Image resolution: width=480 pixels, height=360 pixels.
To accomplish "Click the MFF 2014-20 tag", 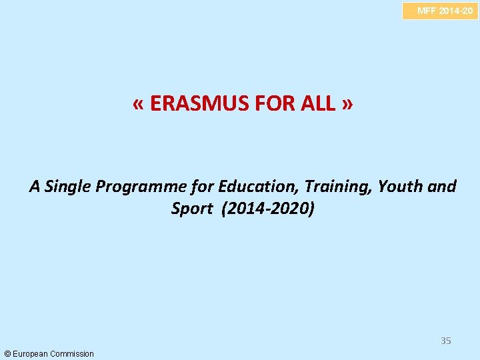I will [440, 11].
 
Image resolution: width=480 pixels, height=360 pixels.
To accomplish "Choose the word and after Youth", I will [442, 187].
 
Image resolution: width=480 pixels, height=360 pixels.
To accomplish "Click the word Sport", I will [190, 209].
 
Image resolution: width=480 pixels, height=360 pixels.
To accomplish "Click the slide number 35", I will [445, 341].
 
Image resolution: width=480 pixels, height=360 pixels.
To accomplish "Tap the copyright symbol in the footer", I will [7, 353].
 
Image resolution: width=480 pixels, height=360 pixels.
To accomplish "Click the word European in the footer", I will [31, 353].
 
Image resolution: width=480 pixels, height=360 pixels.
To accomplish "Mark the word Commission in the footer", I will [73, 353].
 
